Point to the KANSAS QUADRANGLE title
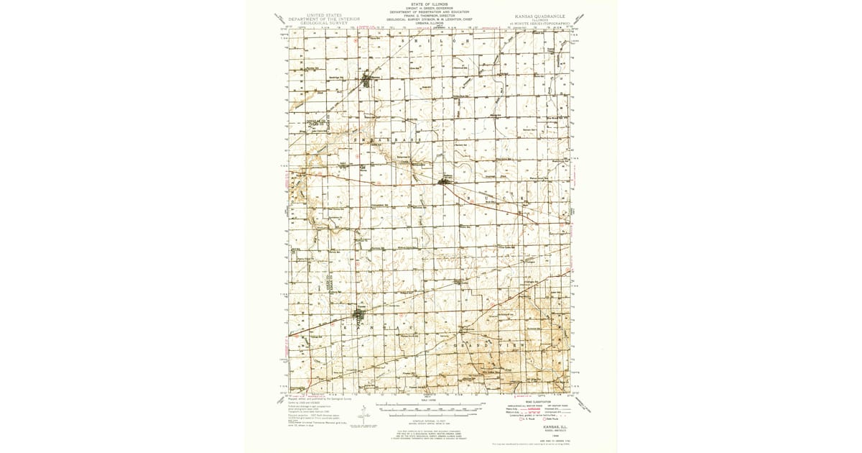click(542, 15)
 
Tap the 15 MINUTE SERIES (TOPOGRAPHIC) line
click(542, 24)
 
